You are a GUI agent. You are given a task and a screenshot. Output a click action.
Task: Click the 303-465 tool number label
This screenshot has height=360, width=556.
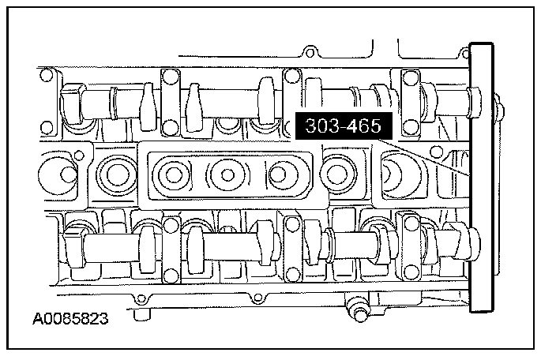point(344,126)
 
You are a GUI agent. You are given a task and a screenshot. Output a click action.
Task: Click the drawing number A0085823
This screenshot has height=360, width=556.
point(70,318)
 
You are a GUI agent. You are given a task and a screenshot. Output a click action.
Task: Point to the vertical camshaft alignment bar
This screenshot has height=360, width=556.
point(482,178)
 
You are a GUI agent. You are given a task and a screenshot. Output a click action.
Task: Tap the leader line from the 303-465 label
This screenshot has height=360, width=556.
point(424,158)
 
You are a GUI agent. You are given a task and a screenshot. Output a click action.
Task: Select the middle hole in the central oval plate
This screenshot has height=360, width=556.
point(227,174)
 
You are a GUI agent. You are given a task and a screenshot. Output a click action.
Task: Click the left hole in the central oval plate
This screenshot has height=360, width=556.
point(174,174)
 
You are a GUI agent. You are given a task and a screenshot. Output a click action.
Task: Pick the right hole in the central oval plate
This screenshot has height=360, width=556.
point(278,174)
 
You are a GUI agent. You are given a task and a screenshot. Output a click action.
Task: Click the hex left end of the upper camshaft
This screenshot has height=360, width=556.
point(72,104)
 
